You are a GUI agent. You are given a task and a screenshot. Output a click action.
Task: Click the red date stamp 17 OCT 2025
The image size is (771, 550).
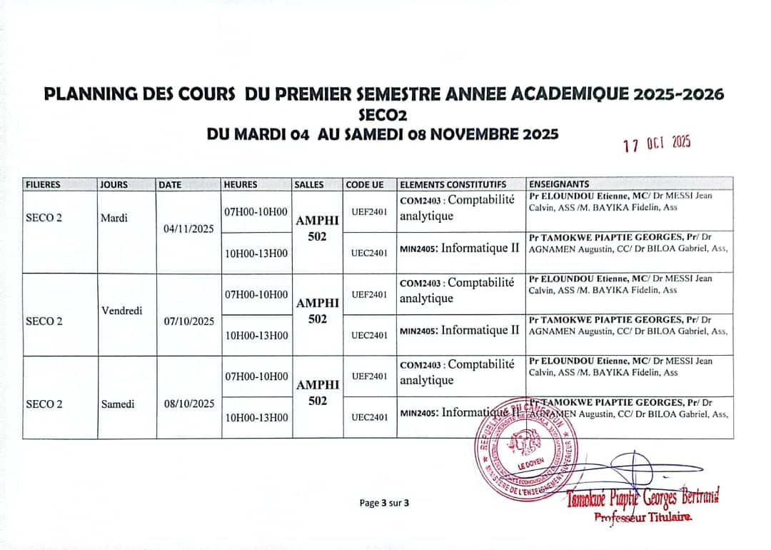[x=657, y=144]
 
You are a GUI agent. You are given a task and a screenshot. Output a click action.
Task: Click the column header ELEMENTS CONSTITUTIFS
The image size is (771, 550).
[x=453, y=184]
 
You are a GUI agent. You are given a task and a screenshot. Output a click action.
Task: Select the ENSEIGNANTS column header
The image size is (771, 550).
[x=559, y=184]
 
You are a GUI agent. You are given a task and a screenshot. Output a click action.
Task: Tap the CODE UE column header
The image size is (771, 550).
[x=365, y=184]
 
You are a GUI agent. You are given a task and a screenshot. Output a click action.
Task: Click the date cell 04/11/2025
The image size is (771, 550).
[x=189, y=230]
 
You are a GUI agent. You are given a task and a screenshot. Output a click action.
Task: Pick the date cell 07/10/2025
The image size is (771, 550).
[x=189, y=321]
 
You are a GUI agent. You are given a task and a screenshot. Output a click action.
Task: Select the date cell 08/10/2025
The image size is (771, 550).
[x=189, y=404]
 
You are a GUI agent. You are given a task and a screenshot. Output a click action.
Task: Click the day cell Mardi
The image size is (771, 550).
[x=114, y=218]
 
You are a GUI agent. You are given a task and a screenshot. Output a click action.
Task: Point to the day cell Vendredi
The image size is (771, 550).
[x=122, y=311]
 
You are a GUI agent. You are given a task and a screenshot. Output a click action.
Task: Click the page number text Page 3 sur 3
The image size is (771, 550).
[x=385, y=503]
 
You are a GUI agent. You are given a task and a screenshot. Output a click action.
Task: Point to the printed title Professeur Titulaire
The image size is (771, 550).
[x=643, y=517]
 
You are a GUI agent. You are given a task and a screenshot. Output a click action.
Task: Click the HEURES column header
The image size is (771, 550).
[x=241, y=184]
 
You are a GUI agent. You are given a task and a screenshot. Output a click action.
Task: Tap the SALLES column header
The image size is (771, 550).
[x=309, y=184]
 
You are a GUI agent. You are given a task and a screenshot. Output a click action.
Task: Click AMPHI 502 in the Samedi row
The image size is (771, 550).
[x=318, y=393]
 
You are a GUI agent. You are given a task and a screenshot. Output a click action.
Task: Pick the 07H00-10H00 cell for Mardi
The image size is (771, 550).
[x=256, y=211]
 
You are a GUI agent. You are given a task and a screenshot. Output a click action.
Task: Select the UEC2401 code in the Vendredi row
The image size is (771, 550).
[x=370, y=335]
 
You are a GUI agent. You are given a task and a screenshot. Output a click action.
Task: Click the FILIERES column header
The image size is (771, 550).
[x=44, y=184]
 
